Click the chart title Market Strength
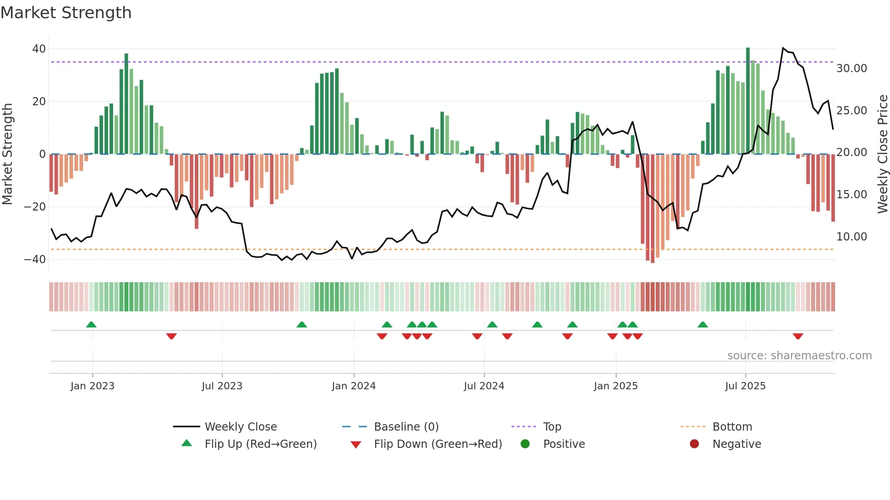tap(66, 13)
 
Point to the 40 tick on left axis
tap(39, 49)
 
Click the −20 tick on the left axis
tap(35, 207)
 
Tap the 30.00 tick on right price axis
tap(851, 69)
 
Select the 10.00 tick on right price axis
tap(851, 237)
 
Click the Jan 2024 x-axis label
tap(354, 386)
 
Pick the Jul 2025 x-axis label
tap(745, 386)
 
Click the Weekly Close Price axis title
tap(882, 154)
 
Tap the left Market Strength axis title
tap(8, 154)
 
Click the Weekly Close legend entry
tap(240, 427)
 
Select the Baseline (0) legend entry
tap(406, 427)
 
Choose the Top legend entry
tap(552, 427)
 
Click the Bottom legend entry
tap(732, 427)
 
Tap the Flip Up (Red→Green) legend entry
tap(260, 444)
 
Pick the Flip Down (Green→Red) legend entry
tap(438, 444)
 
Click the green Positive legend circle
tap(525, 444)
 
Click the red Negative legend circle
tap(694, 444)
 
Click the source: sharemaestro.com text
tap(799, 356)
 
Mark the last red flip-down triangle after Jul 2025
tap(798, 336)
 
